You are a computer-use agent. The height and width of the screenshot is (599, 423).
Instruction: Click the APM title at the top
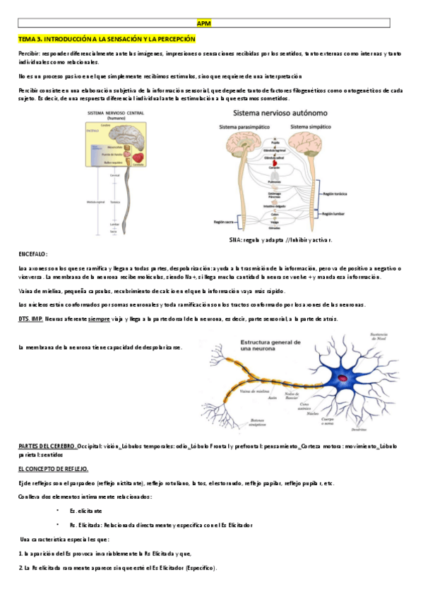point(210,23)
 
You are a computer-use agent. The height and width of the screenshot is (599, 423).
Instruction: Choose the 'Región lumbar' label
point(337,213)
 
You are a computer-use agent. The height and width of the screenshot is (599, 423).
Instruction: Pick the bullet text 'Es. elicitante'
point(85,510)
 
